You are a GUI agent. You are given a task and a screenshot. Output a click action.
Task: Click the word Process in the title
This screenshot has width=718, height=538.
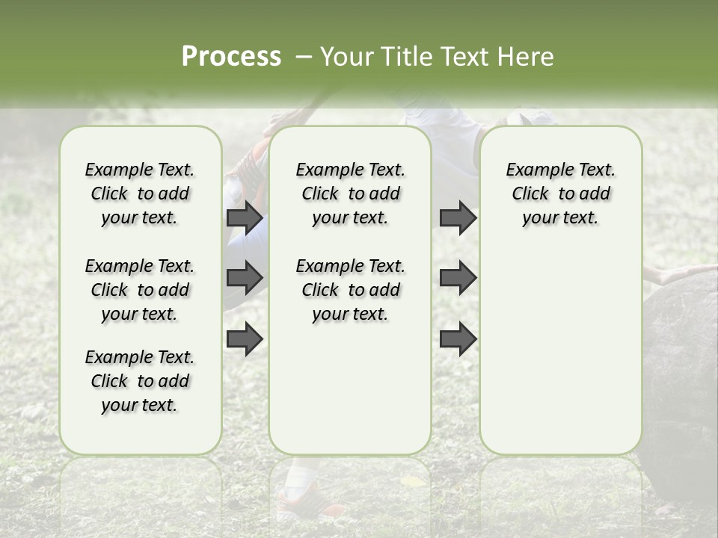pyautogui.click(x=231, y=57)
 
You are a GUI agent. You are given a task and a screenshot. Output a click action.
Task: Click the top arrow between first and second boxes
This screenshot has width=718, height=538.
pyautogui.click(x=245, y=217)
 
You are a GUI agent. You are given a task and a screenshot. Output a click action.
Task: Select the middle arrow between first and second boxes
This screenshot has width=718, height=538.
pyautogui.click(x=245, y=278)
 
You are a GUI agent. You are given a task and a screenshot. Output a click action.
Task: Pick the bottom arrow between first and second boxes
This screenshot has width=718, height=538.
pyautogui.click(x=245, y=339)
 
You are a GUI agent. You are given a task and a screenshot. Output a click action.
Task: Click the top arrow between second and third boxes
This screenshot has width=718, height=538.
pyautogui.click(x=458, y=217)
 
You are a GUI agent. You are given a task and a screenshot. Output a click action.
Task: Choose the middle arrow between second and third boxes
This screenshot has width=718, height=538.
pyautogui.click(x=458, y=278)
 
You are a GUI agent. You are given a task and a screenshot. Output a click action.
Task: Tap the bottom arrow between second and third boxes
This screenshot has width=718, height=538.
pyautogui.click(x=458, y=339)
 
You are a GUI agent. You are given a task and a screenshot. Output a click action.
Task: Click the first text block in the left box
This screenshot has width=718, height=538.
pyautogui.click(x=140, y=194)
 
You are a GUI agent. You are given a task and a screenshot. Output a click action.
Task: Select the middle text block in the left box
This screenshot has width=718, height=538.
pyautogui.click(x=140, y=290)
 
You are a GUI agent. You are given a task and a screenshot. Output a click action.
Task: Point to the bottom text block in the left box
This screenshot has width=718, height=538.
pyautogui.click(x=140, y=381)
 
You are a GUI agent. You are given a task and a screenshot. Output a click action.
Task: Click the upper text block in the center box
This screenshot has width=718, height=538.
pyautogui.click(x=350, y=194)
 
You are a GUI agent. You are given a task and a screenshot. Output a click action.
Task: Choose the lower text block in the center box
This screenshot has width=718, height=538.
pyautogui.click(x=350, y=290)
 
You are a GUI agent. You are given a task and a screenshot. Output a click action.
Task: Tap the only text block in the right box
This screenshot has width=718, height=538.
pyautogui.click(x=560, y=194)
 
